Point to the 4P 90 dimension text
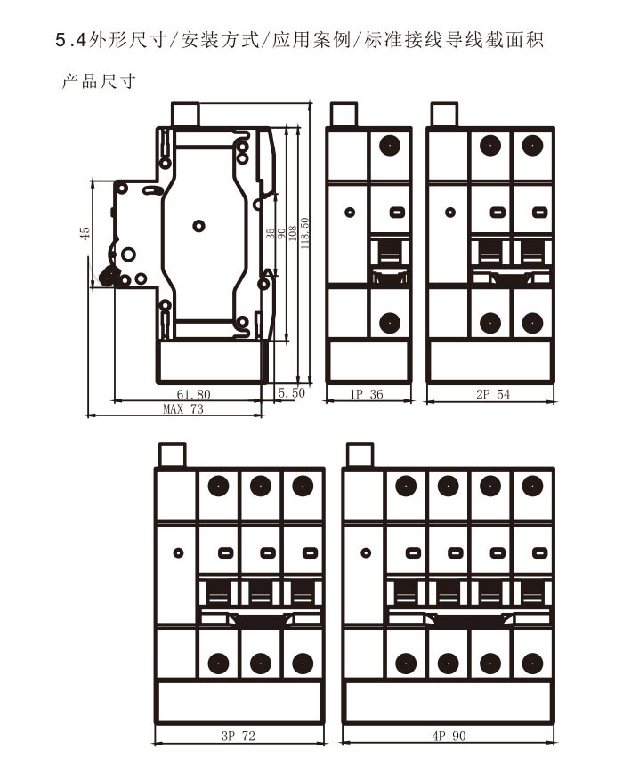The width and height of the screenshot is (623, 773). pos(449,736)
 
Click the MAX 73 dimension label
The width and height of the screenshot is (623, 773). pos(183,409)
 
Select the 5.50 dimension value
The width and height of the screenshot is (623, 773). pos(291,392)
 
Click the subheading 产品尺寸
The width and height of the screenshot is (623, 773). pos(98,83)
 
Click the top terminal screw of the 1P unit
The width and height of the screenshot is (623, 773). pos(390,145)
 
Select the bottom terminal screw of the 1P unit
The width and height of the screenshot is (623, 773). pos(390,322)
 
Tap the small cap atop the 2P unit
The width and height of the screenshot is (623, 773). pos(444,115)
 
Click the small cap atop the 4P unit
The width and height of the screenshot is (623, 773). pos(360,455)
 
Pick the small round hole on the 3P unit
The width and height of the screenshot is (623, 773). pos(178,552)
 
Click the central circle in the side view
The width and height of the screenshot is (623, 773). pos(199,226)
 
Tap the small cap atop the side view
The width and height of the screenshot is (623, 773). pos(185,115)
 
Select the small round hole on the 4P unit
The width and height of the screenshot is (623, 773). pos(366,552)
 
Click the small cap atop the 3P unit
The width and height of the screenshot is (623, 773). pos(171,455)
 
